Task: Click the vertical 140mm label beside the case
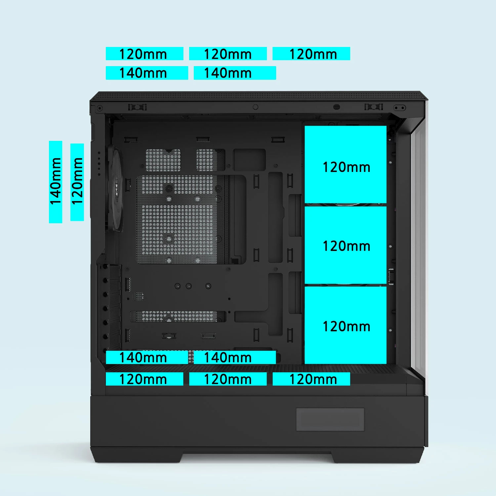click(56, 182)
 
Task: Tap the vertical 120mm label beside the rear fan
click(77, 182)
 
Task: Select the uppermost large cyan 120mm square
click(346, 164)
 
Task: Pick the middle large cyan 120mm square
click(346, 245)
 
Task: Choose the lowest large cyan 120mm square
click(346, 325)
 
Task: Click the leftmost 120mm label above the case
click(145, 54)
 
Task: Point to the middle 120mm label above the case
click(228, 54)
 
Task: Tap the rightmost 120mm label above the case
click(311, 54)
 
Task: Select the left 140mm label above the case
click(147, 73)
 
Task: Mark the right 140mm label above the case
click(235, 73)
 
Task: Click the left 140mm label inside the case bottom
click(147, 357)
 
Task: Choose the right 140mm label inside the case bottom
click(235, 357)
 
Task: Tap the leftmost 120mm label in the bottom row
click(145, 379)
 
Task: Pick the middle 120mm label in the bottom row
click(228, 379)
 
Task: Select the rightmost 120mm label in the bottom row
click(311, 379)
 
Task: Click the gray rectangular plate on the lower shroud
click(330, 419)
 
